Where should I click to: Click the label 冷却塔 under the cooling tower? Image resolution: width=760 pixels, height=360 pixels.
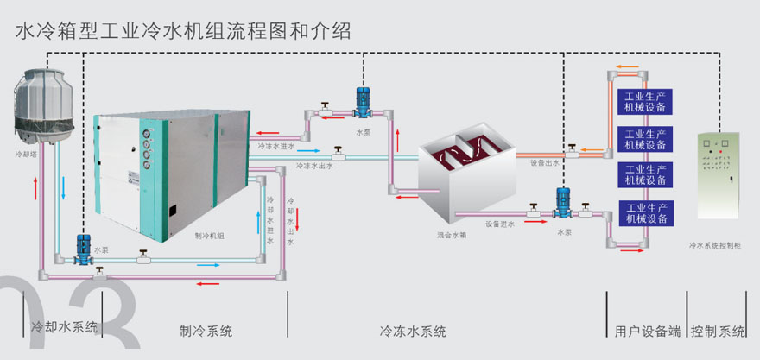click(27, 156)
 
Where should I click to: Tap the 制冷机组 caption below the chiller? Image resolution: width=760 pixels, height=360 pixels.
click(210, 235)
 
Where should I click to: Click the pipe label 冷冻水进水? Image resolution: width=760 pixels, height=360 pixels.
click(276, 146)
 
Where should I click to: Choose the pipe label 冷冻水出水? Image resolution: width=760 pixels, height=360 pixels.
click(313, 164)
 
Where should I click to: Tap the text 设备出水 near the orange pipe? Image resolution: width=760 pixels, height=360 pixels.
click(545, 162)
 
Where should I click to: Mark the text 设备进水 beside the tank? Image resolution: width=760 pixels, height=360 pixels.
click(500, 224)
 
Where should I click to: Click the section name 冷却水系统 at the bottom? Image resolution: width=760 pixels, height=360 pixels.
click(64, 329)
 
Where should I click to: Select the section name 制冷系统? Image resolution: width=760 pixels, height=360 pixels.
click(206, 331)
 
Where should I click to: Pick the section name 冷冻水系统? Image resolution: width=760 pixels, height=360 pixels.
click(413, 331)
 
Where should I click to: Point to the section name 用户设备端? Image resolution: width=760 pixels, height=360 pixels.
click(647, 331)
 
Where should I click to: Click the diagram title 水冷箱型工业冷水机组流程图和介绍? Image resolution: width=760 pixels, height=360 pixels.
click(183, 33)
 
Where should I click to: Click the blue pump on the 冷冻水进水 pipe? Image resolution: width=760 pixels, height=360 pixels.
click(363, 103)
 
